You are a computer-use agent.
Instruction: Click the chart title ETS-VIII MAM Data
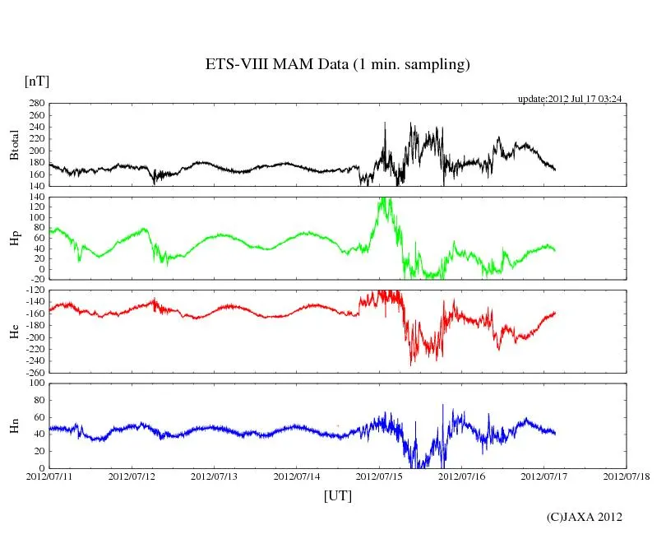coord(337,65)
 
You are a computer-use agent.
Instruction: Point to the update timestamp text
coord(569,99)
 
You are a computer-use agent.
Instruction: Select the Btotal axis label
coord(14,144)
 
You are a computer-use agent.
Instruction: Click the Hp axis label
coord(14,238)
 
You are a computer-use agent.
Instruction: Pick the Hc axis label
coord(14,331)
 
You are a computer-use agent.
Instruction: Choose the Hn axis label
coord(14,425)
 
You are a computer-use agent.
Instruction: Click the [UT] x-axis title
coord(337,496)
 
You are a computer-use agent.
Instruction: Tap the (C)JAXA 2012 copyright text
coord(585,517)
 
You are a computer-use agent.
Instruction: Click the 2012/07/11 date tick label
coord(49,476)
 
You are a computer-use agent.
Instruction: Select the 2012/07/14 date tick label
coord(297,476)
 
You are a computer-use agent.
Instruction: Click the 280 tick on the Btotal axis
coord(36,104)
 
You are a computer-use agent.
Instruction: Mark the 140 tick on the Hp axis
coord(36,197)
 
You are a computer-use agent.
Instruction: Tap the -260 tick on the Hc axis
coord(35,372)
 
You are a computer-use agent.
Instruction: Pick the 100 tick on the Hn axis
coord(36,383)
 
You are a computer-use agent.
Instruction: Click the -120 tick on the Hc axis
coord(35,291)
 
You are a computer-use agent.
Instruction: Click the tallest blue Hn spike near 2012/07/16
coord(442,406)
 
